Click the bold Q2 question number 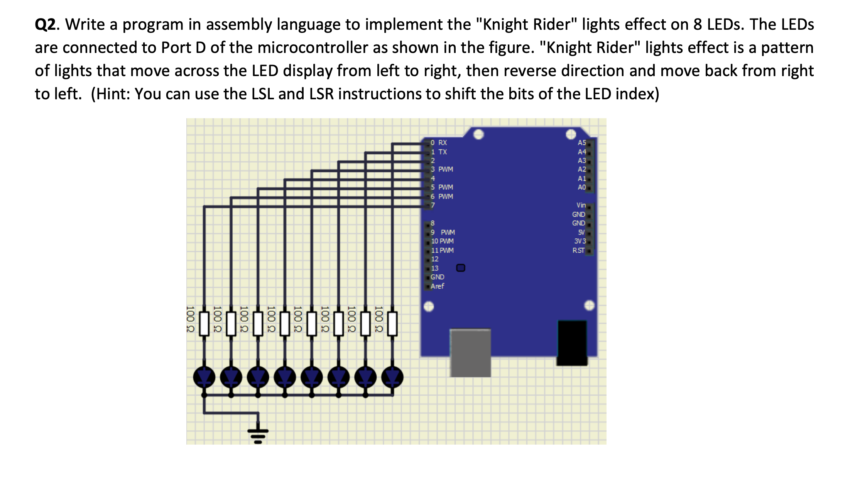(x=46, y=25)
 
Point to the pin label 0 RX (x=439, y=143)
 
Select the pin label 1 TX (x=439, y=152)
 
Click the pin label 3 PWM (x=442, y=169)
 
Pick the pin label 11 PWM (x=442, y=250)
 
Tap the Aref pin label (x=437, y=286)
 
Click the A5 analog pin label (x=581, y=143)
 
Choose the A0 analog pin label (x=581, y=187)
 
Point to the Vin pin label (x=581, y=205)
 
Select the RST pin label (x=578, y=250)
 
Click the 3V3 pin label (x=580, y=241)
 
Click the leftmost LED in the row (x=204, y=377)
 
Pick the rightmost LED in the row (x=392, y=377)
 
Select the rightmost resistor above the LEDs (x=392, y=324)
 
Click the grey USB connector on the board (x=470, y=352)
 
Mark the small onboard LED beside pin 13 (x=461, y=268)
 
